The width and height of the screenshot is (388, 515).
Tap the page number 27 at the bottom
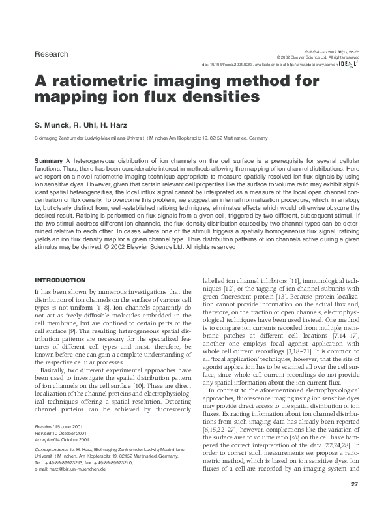tap(355, 484)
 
